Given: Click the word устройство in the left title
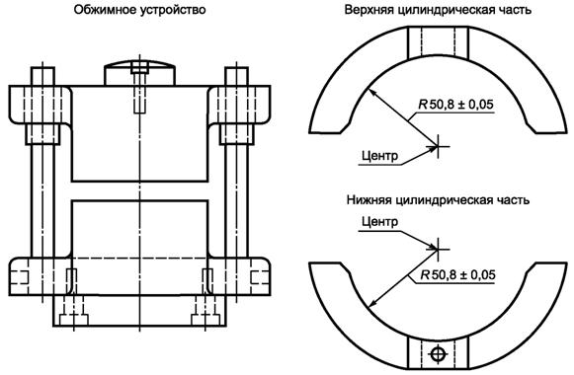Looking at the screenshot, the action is click(x=173, y=10).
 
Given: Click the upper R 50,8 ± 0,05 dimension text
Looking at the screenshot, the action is click(x=456, y=105).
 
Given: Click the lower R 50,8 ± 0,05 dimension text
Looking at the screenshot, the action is click(x=457, y=274).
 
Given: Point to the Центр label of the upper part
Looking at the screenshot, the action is click(x=379, y=156).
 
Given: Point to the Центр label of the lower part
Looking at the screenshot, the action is click(x=379, y=221).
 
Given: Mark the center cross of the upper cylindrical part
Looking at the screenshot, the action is click(x=438, y=147).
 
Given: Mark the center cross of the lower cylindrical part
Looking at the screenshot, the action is click(x=438, y=250).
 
